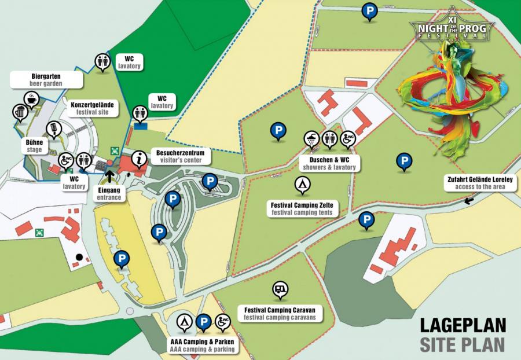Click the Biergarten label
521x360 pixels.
pos(46,79)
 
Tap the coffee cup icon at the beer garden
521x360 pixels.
pos(30,99)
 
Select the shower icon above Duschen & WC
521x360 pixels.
pos(311,139)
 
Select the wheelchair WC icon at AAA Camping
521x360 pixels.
pos(223,321)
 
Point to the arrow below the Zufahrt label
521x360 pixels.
pos(469,200)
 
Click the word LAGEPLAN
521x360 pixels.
pos(462,324)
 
